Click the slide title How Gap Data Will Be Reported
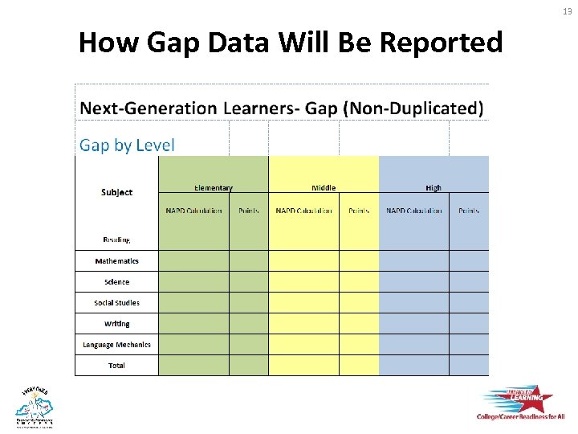point(290,42)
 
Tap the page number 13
point(567,10)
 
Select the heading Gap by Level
point(126,145)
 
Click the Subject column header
point(116,192)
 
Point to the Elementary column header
point(213,188)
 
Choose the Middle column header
point(324,188)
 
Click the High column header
point(433,188)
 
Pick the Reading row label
point(116,240)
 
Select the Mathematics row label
point(116,261)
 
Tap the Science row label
point(116,282)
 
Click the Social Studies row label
point(116,303)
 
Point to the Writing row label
point(116,324)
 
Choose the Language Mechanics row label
point(116,345)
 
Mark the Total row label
point(116,366)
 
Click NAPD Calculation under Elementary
point(193,211)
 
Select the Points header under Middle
point(359,211)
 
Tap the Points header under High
point(469,211)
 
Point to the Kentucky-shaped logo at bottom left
point(34,406)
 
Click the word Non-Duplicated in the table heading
point(413,108)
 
